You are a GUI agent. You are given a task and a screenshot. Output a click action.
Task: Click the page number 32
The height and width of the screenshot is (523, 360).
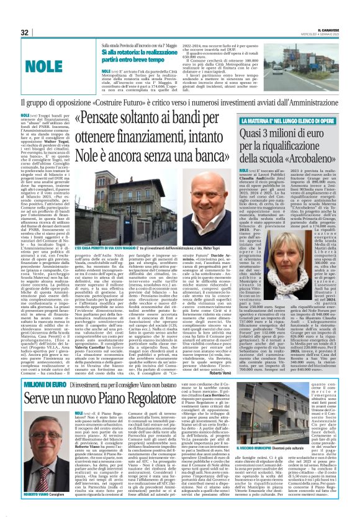24,32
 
